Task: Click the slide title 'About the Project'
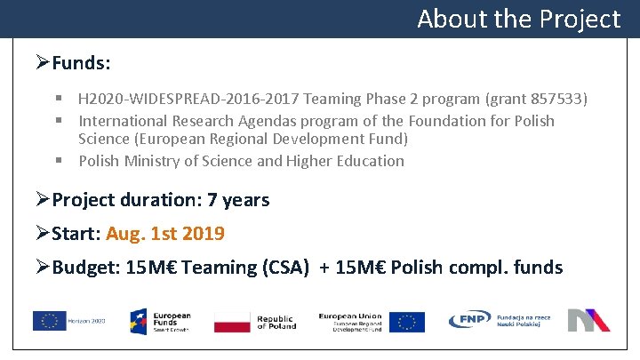518,19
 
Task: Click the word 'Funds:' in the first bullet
82,63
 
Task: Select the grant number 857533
556,99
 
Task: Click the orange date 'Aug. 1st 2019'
165,234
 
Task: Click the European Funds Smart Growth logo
160,321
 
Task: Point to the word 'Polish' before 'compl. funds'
417,268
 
